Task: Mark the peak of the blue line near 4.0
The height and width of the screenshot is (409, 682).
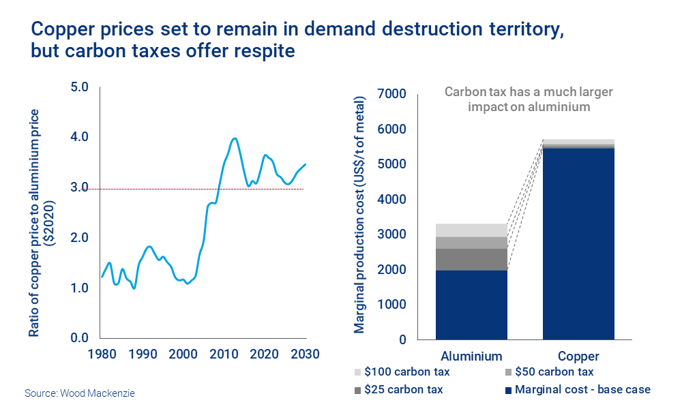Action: [x=235, y=138]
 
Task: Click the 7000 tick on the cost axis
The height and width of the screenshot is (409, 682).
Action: [x=391, y=94]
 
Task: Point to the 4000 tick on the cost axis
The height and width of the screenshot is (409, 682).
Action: [x=391, y=200]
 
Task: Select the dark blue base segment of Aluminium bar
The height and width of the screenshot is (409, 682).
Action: [x=471, y=305]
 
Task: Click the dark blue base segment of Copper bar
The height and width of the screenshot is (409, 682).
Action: [x=578, y=243]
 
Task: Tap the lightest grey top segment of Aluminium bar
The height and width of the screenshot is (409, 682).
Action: [x=471, y=230]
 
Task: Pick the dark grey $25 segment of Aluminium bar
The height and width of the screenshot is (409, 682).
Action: [x=471, y=259]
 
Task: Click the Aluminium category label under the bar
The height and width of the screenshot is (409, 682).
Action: [x=471, y=356]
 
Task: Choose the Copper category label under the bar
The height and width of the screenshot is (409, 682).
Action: [x=578, y=356]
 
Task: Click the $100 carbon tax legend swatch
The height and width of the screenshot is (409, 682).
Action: [x=357, y=372]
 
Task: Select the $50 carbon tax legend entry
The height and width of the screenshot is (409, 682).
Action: [x=552, y=372]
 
